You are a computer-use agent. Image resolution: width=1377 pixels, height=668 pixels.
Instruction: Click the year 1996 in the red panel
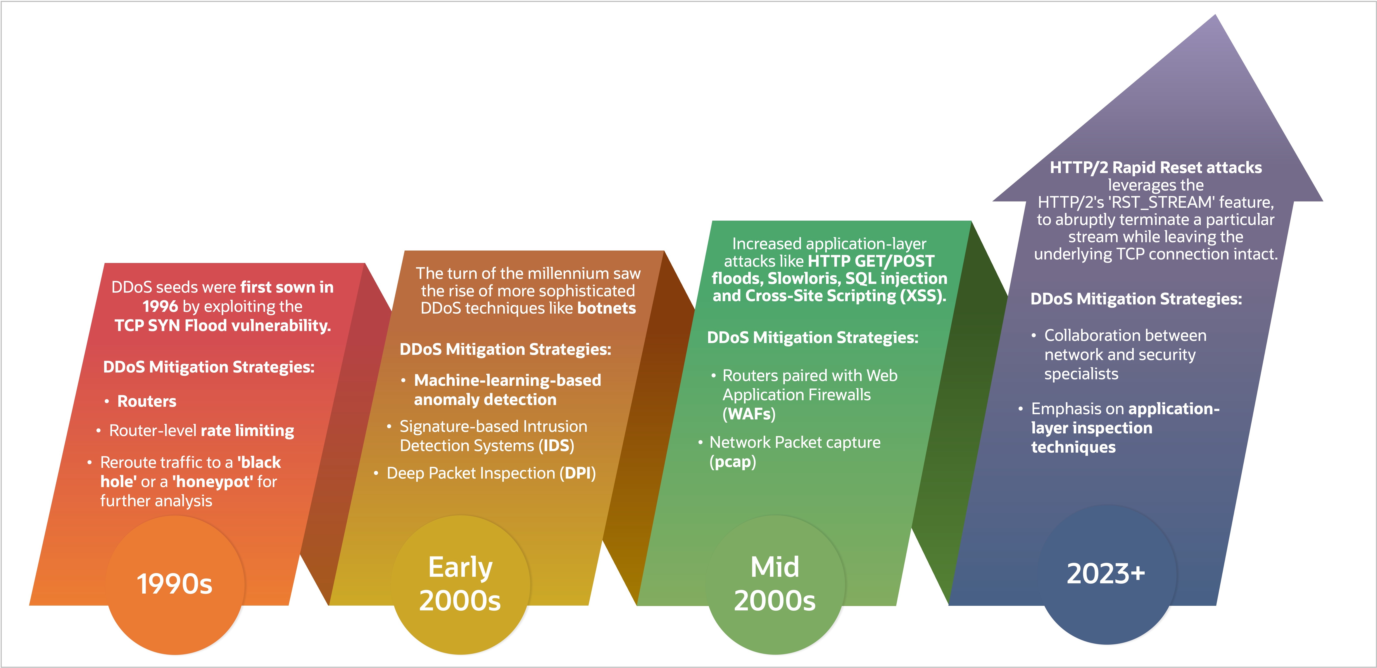point(160,306)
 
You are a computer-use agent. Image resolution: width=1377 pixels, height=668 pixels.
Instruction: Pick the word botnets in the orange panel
point(607,308)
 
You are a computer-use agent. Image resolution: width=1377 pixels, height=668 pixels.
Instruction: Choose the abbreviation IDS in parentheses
point(556,446)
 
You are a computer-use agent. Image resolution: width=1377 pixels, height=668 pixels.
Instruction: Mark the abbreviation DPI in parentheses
point(577,474)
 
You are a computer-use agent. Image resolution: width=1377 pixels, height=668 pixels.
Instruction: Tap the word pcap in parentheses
point(732,462)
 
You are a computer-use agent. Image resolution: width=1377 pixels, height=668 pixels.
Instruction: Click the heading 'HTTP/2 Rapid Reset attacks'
point(1156,168)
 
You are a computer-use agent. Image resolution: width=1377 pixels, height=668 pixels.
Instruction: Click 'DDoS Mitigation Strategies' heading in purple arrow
point(1136,299)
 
